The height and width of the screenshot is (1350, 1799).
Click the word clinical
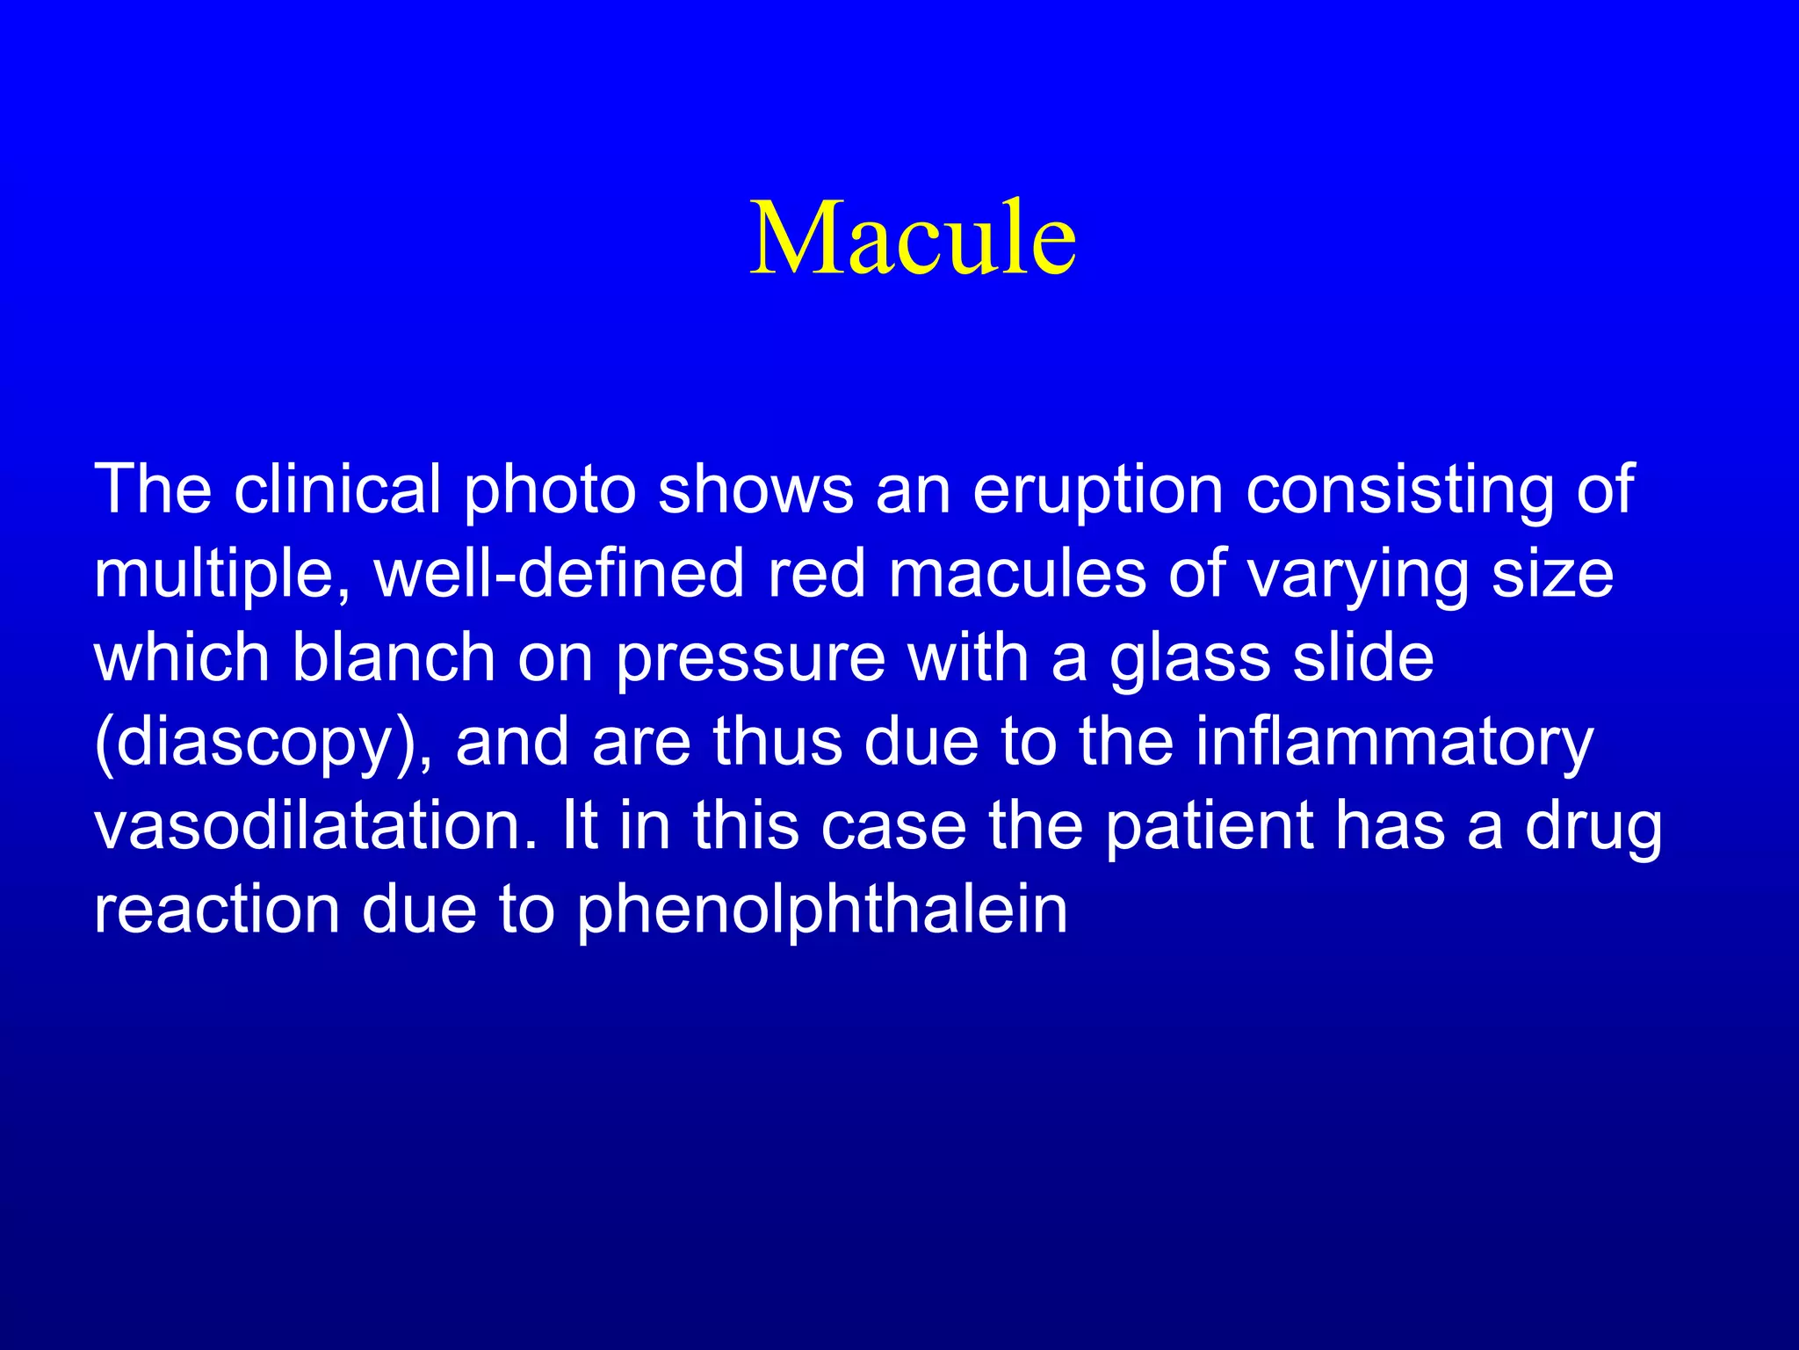coord(337,490)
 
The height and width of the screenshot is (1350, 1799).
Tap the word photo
coord(549,490)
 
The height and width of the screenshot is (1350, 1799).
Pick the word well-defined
coord(559,574)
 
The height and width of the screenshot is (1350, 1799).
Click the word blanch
coord(393,657)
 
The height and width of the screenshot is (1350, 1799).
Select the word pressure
coord(750,657)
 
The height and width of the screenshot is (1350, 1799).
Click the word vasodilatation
coord(314,827)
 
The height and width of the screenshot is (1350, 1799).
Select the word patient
coord(1208,827)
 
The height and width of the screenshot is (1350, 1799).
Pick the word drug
coord(1593,827)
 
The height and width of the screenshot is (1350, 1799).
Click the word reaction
coord(216,911)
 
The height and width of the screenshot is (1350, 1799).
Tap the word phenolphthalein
coord(821,911)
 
